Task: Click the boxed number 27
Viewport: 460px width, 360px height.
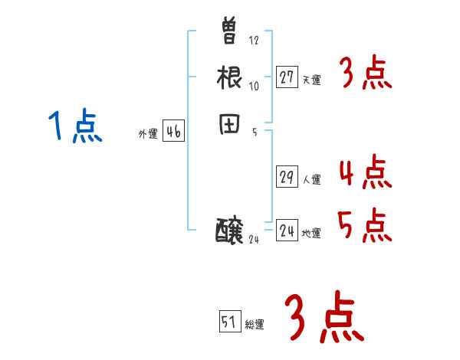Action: point(287,77)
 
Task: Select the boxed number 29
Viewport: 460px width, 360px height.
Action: point(287,177)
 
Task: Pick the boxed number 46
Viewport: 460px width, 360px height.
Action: point(173,132)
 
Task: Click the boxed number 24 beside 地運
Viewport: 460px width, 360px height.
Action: point(287,231)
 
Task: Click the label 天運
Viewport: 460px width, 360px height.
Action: point(311,80)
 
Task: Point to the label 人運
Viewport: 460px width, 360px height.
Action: point(311,180)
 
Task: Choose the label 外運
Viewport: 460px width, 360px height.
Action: point(148,134)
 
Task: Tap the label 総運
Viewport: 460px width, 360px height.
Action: point(255,325)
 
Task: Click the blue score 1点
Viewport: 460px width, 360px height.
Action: point(74,126)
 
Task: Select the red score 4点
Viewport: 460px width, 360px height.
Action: point(365,172)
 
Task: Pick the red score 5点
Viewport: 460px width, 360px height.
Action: point(365,225)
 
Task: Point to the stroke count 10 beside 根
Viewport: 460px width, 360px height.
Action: point(255,86)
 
